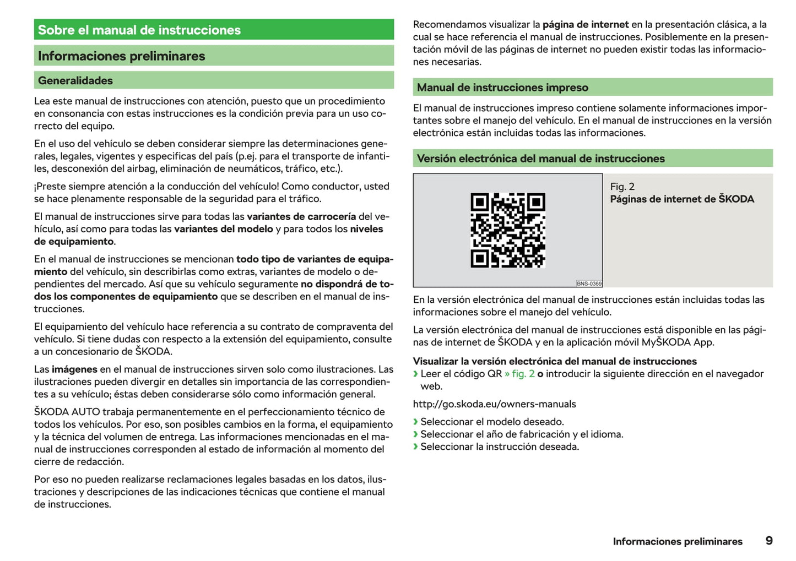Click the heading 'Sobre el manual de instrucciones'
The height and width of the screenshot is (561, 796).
point(139,30)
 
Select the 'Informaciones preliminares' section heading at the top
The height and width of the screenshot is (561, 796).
point(121,56)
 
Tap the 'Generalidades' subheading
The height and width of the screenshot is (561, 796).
point(75,80)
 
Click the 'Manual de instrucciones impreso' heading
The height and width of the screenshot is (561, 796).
point(502,88)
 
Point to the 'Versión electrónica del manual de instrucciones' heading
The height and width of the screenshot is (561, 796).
point(540,159)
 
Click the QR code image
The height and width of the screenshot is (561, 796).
point(507,230)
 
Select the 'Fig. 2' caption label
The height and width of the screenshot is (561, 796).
point(622,187)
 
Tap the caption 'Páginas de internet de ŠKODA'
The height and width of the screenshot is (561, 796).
point(681,199)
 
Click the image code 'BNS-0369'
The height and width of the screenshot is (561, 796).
point(589,284)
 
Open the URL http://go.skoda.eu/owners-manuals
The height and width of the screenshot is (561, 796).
point(494,404)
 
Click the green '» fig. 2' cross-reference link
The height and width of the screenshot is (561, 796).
point(519,374)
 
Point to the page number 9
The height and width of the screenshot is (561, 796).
point(769,541)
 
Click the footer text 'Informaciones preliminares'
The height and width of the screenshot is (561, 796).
point(677,542)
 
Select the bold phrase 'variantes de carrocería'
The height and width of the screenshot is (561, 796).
point(301,216)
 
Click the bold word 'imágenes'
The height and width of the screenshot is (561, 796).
point(74,369)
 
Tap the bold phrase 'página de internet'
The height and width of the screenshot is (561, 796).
point(586,25)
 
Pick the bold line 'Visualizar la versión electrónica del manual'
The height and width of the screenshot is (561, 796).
point(555,361)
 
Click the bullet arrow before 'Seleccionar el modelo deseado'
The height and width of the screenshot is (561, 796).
point(416,422)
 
